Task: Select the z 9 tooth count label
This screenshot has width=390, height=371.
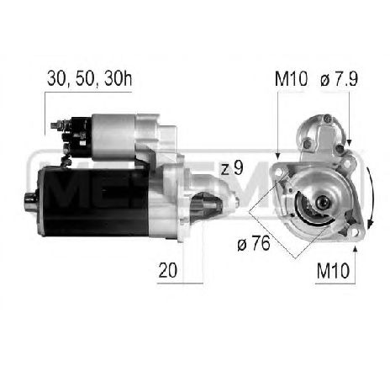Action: (232, 168)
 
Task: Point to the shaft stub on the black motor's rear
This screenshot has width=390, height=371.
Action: (29, 199)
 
